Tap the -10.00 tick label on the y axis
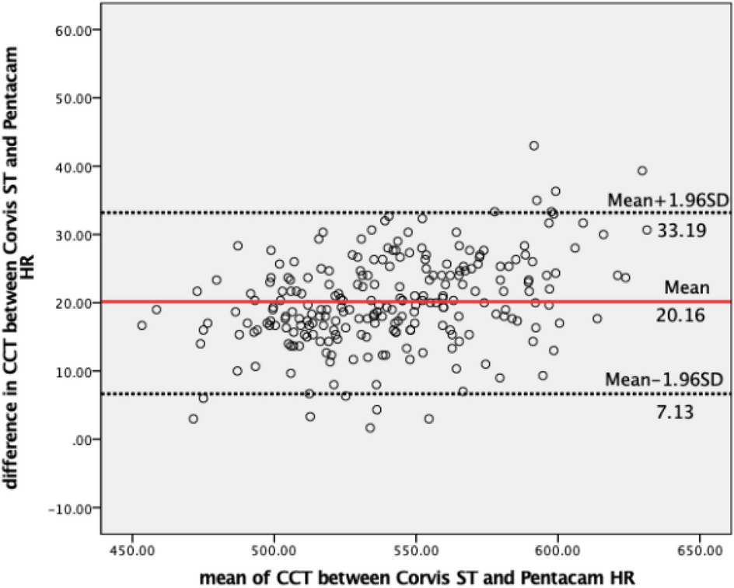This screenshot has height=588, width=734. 72,508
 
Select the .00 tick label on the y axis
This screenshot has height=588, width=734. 82,439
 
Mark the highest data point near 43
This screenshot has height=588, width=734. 534,145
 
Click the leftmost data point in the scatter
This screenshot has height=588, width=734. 142,325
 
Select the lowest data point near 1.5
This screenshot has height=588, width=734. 370,428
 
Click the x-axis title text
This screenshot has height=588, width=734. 418,576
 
